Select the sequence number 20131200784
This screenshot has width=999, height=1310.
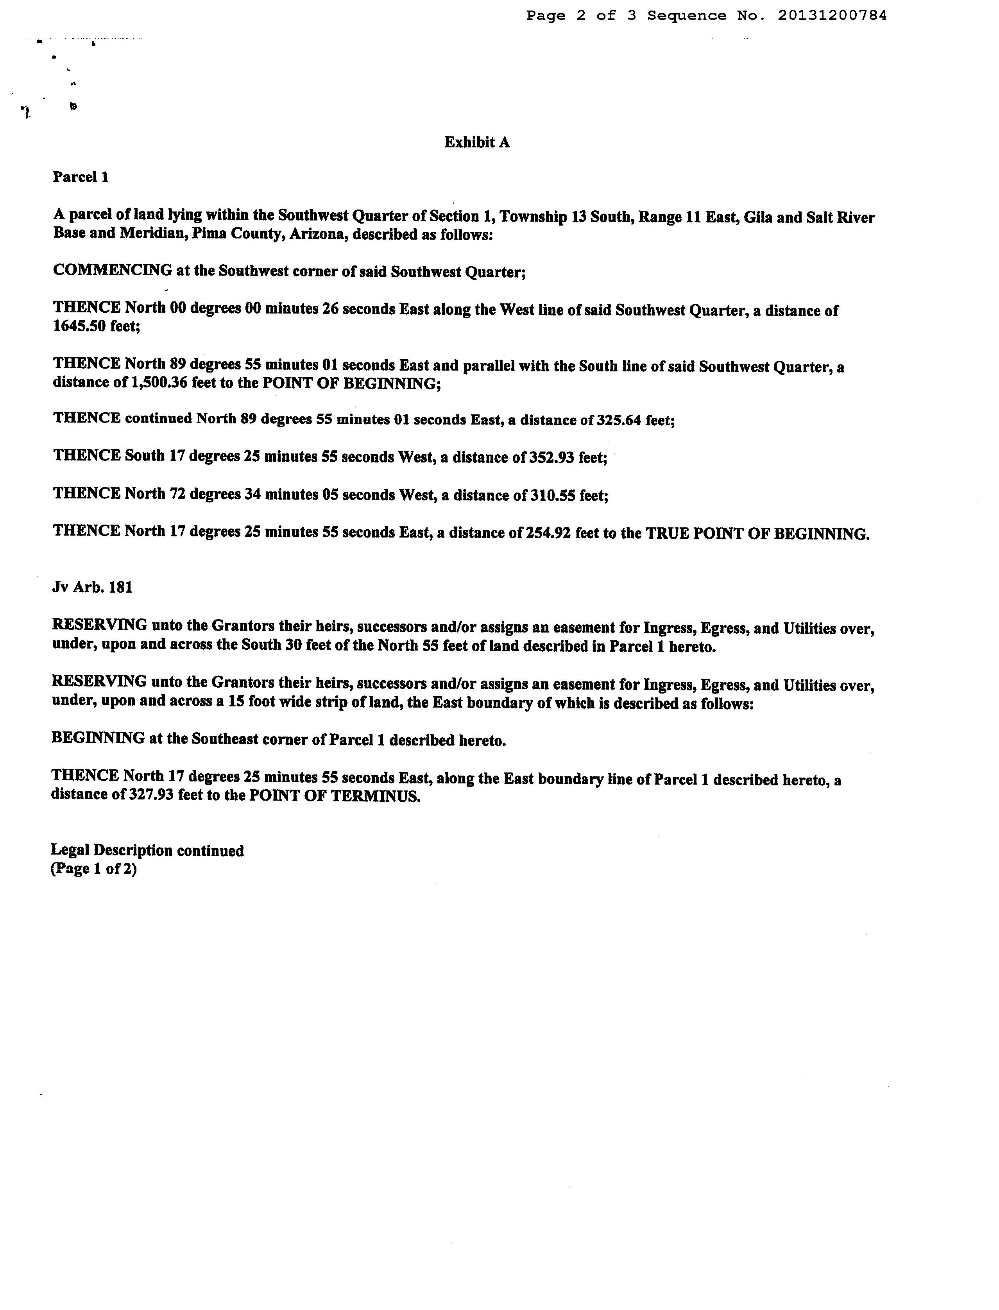832,16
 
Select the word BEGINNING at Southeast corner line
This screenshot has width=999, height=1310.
98,739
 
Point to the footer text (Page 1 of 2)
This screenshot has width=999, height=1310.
94,869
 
